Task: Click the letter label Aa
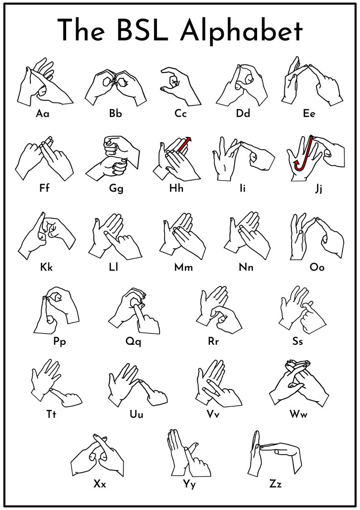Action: point(43,113)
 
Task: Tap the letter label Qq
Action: point(133,342)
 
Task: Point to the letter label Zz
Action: point(275,484)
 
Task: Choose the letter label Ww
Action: point(300,414)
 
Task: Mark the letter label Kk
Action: point(46,267)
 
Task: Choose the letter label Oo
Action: point(317,267)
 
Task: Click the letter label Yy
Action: point(190,485)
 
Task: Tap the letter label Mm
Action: point(184,267)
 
